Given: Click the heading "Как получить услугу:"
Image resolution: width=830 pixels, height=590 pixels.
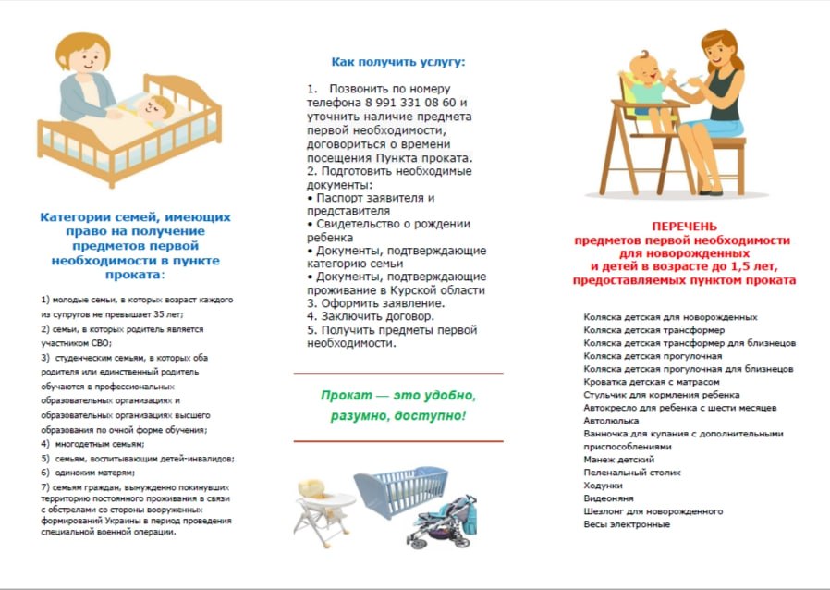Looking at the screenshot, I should click(x=398, y=62).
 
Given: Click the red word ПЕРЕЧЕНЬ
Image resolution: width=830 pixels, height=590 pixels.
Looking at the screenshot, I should click(x=683, y=227).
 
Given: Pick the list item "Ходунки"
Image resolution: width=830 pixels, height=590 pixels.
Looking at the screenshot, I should click(x=604, y=485).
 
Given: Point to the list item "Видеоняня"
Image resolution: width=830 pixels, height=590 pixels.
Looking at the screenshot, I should click(x=608, y=498).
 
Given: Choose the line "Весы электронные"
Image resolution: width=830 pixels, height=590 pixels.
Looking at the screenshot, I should click(x=626, y=524).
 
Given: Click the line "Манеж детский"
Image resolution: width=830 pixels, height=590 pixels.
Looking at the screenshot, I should click(x=618, y=459).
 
